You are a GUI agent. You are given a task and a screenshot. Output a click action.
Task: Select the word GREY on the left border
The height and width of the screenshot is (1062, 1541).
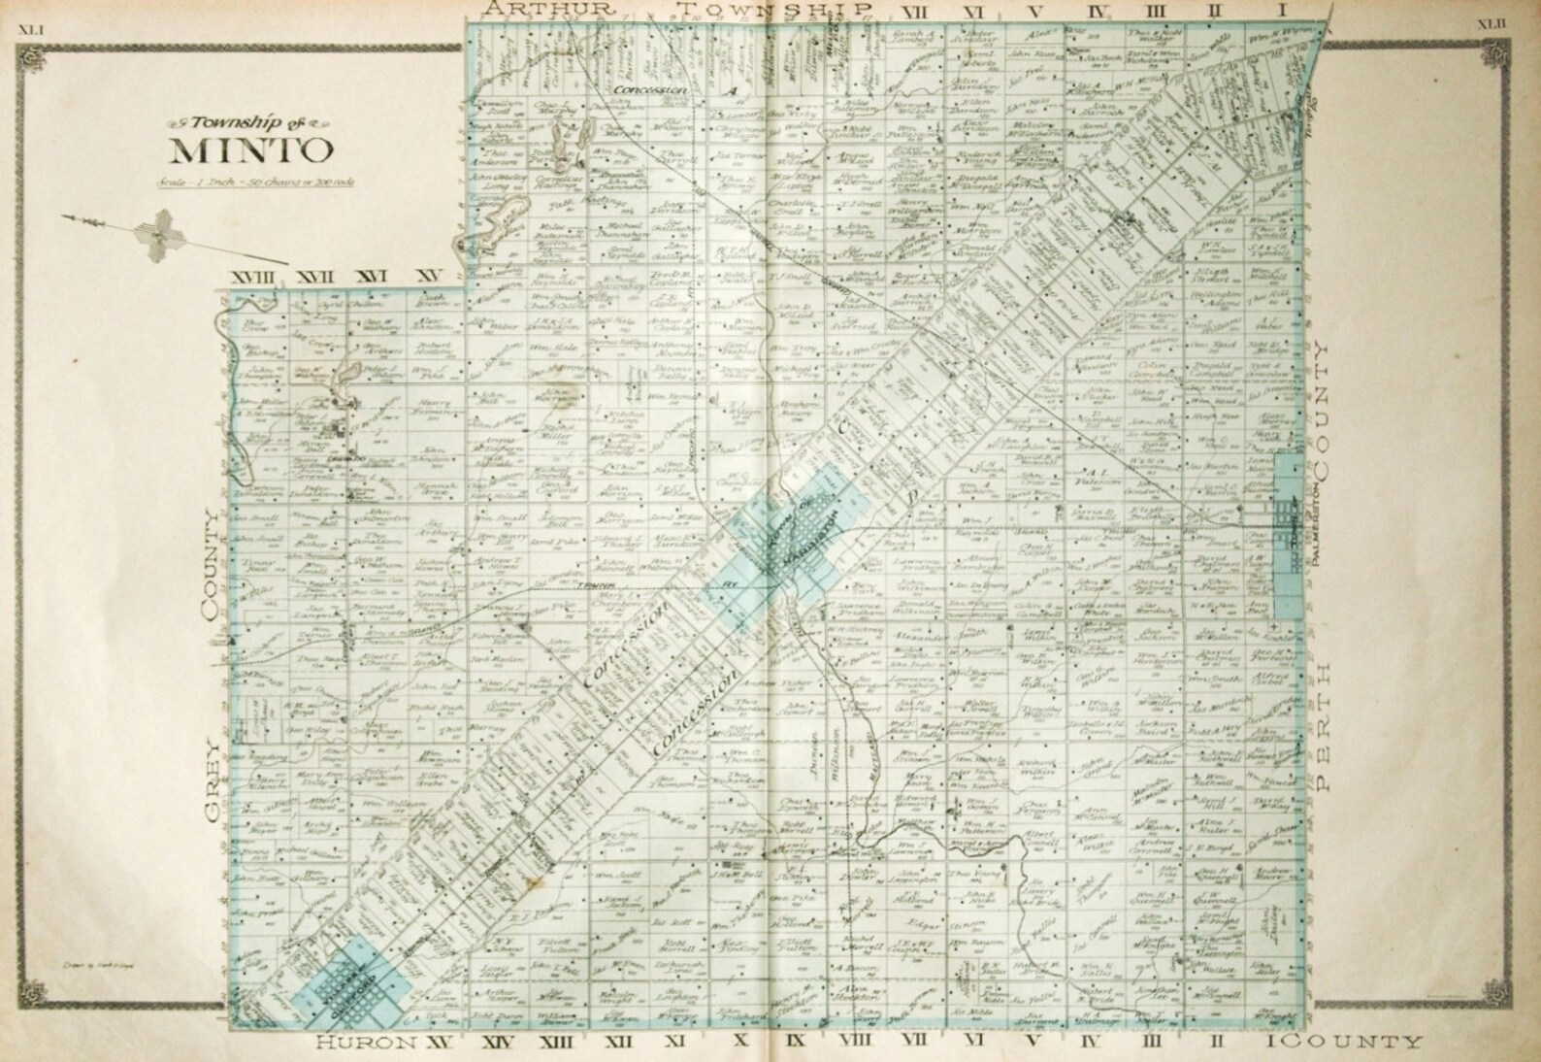[214, 760]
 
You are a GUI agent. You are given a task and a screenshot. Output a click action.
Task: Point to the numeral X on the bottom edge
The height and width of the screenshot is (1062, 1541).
[738, 1043]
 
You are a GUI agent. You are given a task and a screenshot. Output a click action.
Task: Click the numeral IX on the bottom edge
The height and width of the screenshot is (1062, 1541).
[796, 1043]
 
